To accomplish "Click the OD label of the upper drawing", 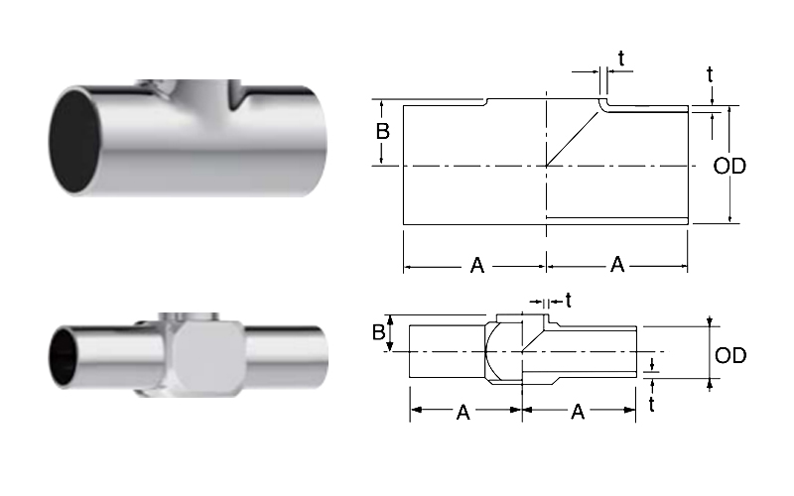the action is (x=729, y=166).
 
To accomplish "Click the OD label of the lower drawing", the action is (x=730, y=355).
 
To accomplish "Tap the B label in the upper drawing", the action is (x=383, y=132).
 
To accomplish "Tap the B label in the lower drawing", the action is (x=379, y=332).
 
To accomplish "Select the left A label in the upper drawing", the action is (x=477, y=265).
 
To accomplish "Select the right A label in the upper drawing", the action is (x=617, y=264).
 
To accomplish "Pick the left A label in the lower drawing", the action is (x=463, y=413).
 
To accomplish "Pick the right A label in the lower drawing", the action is (x=578, y=412).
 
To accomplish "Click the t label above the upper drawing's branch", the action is (x=621, y=59).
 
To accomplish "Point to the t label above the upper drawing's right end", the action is (x=710, y=75).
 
